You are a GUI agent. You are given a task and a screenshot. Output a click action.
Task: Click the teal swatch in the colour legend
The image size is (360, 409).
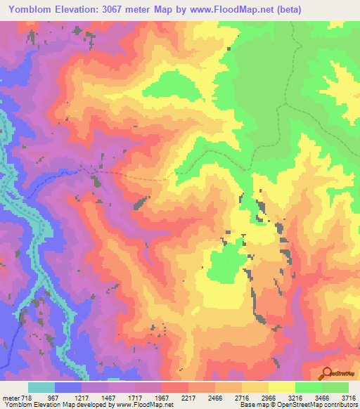coord(41,387)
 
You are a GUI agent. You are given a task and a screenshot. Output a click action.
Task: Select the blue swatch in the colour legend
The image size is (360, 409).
coord(68,387)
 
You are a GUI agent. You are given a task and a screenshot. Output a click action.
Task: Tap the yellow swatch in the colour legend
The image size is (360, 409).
coord(281,387)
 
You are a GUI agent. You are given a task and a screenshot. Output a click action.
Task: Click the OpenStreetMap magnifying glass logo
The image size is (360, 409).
coord(326,373)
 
